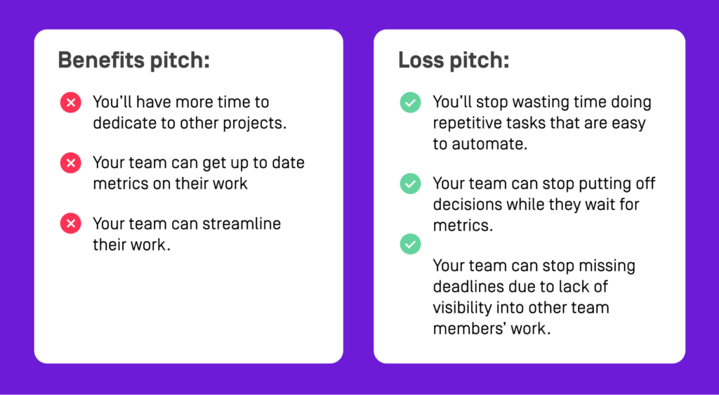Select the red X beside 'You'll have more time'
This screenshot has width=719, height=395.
coord(70,103)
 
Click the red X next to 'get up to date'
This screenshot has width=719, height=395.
coord(70,164)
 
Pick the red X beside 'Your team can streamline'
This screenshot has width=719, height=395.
coord(70,224)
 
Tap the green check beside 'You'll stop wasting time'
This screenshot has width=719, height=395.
coord(410,103)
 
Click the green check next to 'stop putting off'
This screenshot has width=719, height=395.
coord(410,184)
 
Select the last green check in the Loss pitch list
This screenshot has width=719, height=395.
coord(410,245)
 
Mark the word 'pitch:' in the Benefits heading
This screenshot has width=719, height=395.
coord(180,60)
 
